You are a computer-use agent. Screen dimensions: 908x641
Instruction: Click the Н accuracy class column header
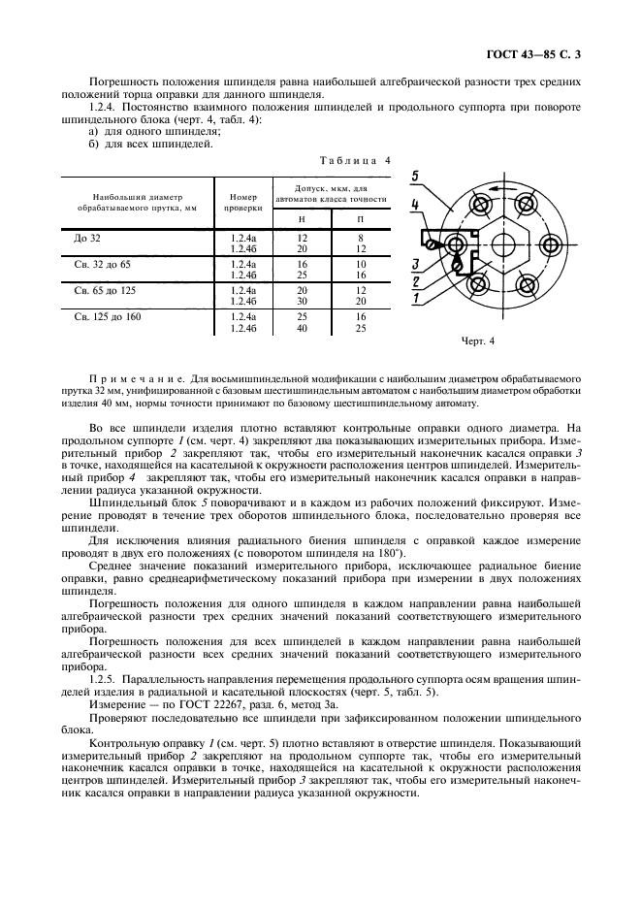tap(302, 220)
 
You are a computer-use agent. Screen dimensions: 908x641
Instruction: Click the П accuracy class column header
tap(360, 220)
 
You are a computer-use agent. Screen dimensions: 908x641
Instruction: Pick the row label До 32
tap(86, 237)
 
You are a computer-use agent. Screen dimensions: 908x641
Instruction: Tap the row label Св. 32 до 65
tap(102, 263)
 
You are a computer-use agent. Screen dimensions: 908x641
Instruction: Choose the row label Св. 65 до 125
tap(105, 289)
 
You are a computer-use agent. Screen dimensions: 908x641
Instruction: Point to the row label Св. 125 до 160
tap(108, 316)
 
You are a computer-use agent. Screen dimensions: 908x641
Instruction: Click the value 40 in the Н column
tap(302, 328)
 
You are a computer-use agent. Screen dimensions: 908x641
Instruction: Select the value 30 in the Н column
tap(302, 302)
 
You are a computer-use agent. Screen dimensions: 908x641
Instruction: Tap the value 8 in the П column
tap(360, 237)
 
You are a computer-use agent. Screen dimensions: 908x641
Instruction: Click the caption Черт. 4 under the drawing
tap(478, 341)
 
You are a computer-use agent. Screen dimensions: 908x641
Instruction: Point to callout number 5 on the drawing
tap(414, 176)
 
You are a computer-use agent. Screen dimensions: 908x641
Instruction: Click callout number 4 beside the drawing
tap(414, 205)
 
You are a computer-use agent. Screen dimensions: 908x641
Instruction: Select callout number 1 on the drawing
tap(414, 298)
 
